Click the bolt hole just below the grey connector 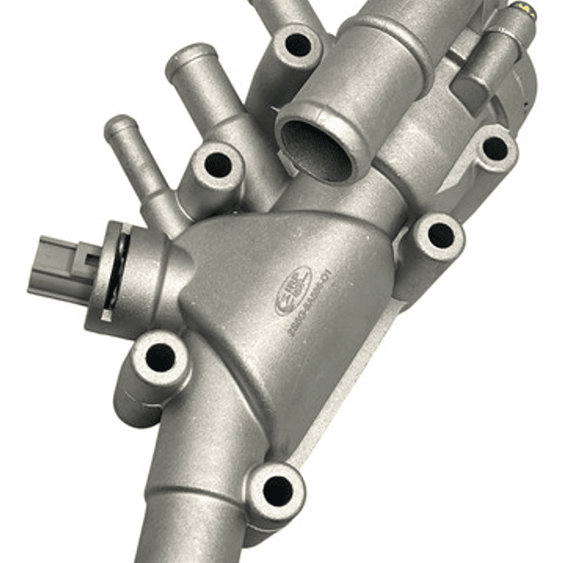point(160,357)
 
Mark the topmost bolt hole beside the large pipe point(298,44)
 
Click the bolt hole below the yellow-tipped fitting point(495,148)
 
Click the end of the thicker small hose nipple point(189,59)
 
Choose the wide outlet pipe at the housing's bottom point(196,525)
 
